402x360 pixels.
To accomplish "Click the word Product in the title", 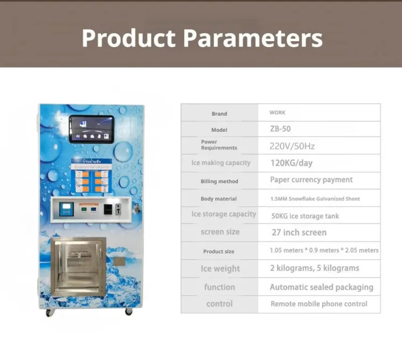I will click(129, 38).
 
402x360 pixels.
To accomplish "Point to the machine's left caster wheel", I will click(49, 312).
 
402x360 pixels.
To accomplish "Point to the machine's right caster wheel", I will click(129, 311).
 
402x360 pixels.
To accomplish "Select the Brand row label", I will click(219, 114).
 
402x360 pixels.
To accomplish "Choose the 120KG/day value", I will click(291, 163).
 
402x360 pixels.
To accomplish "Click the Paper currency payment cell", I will click(311, 180).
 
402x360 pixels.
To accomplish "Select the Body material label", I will click(219, 199).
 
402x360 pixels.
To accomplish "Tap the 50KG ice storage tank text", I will click(305, 216).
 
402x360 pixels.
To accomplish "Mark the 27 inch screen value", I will click(299, 232).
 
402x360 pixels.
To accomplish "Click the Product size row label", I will click(219, 251).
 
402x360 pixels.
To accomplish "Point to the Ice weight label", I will click(220, 268).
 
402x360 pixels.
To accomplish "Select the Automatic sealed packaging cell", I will click(321, 287).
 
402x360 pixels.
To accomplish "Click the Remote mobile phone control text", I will click(319, 304).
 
